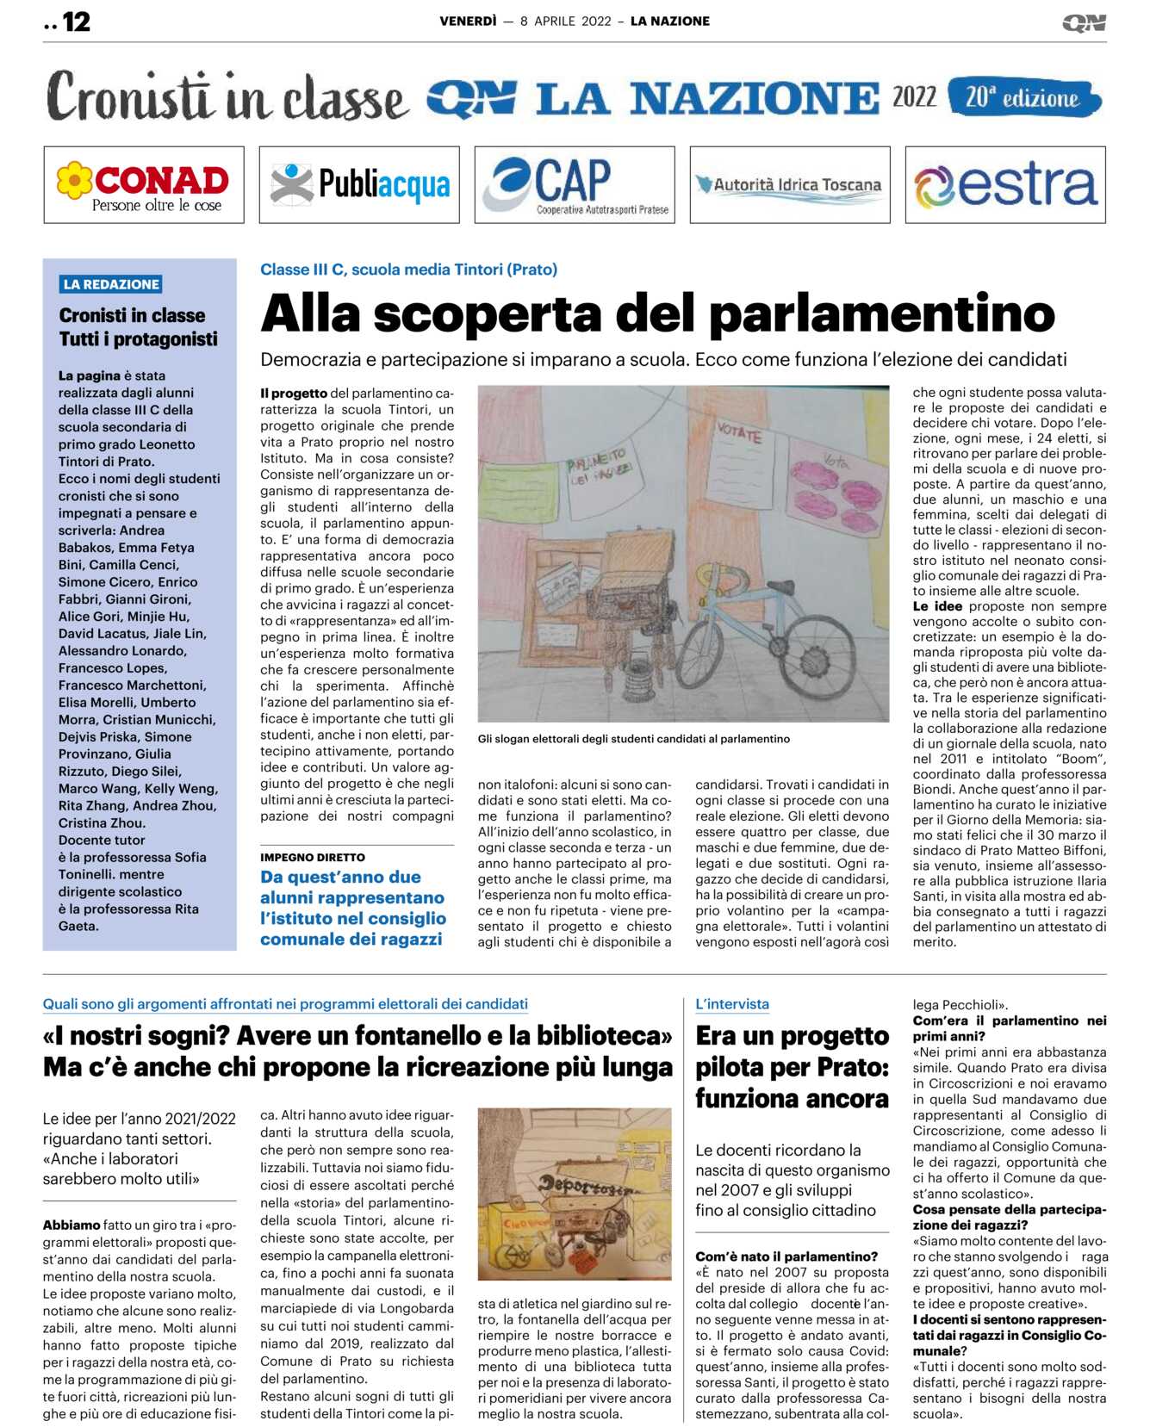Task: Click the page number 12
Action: (x=76, y=22)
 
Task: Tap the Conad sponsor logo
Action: (x=144, y=185)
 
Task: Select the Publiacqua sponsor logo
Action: (x=359, y=185)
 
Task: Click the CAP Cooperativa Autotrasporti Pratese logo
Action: (x=575, y=185)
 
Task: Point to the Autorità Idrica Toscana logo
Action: (x=790, y=185)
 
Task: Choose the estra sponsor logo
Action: (x=1005, y=185)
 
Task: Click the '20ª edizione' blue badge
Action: (x=1023, y=97)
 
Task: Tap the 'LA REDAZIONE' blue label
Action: (x=111, y=284)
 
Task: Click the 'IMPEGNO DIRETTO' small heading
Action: (x=313, y=858)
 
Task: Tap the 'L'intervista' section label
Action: (x=732, y=1004)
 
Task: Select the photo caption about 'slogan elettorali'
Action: (x=633, y=739)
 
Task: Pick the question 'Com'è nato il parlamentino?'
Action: (x=786, y=1256)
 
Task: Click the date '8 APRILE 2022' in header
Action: (x=565, y=22)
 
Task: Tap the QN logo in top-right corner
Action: (x=1084, y=23)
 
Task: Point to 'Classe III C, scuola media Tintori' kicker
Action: (x=408, y=270)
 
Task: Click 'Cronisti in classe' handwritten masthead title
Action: (x=227, y=98)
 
